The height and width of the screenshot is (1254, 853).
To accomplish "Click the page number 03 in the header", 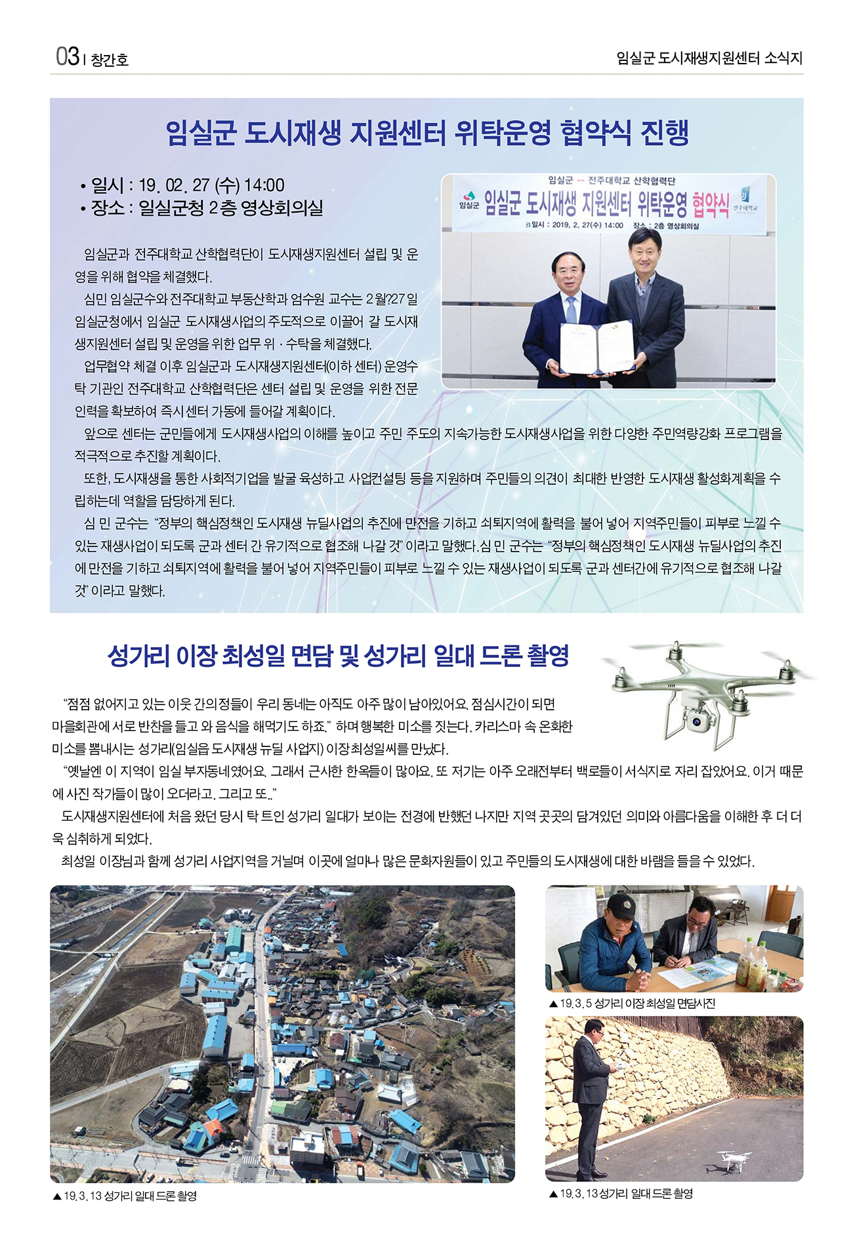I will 67,57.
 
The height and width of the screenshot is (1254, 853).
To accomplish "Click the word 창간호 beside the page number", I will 110,60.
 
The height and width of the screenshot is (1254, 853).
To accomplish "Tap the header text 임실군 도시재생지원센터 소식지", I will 709,58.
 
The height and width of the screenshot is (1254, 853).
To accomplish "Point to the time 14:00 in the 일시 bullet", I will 264,186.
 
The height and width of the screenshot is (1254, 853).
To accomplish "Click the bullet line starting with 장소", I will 202,208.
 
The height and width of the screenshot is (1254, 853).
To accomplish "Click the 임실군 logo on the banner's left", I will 468,201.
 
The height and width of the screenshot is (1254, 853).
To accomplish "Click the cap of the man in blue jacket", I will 621,906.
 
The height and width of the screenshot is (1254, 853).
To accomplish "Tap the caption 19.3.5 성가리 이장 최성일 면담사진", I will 632,1003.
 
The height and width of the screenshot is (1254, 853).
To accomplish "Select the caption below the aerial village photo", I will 125,1196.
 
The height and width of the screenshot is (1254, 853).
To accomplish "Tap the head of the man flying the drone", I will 593,1027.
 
